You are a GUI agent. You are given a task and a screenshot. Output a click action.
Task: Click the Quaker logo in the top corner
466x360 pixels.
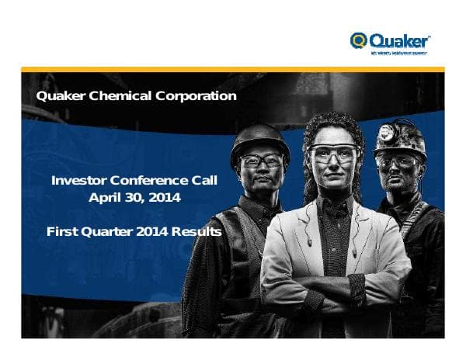click(x=390, y=40)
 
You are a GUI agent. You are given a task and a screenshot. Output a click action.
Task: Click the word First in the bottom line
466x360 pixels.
click(x=61, y=231)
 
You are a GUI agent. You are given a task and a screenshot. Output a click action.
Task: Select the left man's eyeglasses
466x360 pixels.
click(x=261, y=161)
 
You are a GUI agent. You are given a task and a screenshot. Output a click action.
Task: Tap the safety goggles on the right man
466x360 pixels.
click(x=398, y=160)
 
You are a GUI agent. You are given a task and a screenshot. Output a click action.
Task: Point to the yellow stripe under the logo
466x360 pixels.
click(x=233, y=69)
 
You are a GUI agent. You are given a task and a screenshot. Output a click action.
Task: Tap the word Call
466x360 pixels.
click(x=203, y=180)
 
